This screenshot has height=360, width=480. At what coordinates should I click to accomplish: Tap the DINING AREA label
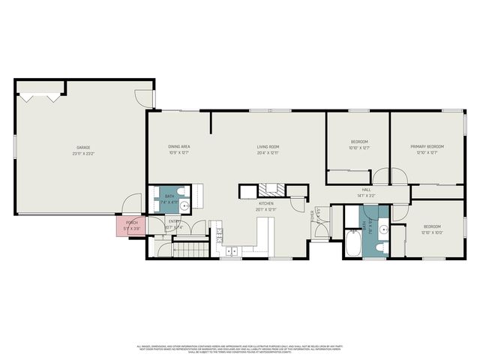coord(178,147)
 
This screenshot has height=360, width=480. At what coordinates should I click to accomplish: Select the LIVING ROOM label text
coord(268,147)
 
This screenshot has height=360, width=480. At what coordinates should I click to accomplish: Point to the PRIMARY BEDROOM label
coord(427,146)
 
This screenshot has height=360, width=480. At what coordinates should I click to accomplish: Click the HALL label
coord(367,190)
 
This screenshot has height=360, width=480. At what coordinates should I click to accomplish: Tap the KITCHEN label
coord(266,203)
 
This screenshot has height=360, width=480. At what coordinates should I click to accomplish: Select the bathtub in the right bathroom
coord(354,244)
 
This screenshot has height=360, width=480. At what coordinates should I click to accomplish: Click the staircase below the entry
coord(190,248)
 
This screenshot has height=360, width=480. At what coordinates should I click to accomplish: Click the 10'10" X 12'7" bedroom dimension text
coord(360,148)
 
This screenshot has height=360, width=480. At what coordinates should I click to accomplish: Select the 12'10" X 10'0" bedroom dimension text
coord(432,231)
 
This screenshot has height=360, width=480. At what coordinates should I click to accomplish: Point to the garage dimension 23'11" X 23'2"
coord(82,153)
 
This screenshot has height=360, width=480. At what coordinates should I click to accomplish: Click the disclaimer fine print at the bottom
coord(240,348)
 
